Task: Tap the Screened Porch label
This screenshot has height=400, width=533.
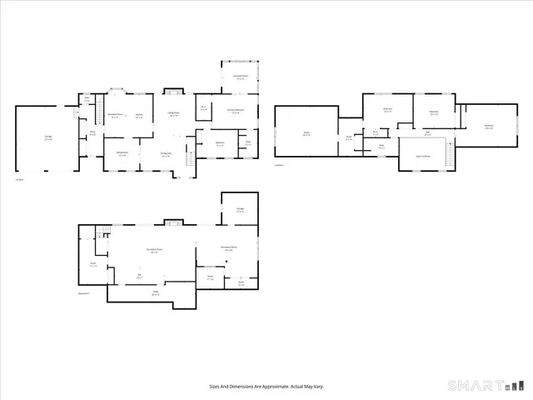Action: point(240,77)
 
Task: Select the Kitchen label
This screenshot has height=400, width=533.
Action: point(139,116)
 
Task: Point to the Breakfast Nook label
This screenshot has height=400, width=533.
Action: point(115,115)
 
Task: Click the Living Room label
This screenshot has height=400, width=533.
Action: point(174,115)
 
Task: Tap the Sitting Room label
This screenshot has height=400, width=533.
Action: point(122,154)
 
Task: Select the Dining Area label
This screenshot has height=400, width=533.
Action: point(166,154)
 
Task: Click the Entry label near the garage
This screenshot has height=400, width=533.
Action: point(92,133)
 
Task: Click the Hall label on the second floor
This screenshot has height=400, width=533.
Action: point(427,133)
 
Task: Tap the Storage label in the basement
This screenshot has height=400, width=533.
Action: point(240,210)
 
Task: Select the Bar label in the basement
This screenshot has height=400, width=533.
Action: point(139,277)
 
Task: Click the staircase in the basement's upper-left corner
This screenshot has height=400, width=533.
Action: point(103,232)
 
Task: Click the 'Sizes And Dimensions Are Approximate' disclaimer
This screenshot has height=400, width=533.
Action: point(266,386)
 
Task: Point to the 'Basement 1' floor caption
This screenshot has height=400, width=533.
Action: point(83,293)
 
